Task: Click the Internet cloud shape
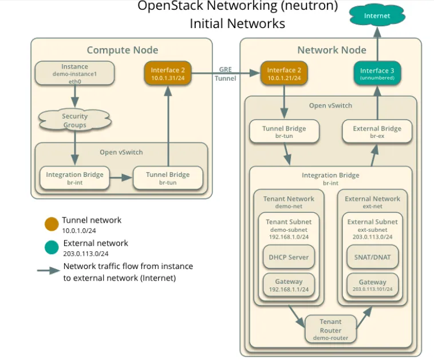377,15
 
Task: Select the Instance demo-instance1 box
74,74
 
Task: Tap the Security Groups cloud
74,121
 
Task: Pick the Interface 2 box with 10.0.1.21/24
284,74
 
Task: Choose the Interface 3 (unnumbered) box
377,74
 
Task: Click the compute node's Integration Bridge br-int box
74,178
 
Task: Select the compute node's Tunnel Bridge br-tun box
168,178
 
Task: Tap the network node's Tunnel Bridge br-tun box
285,132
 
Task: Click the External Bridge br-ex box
377,132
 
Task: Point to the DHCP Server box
289,257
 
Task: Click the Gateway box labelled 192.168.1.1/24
289,286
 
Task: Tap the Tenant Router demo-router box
330,330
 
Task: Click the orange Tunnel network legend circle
51,224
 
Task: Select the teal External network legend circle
51,247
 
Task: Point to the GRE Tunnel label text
225,73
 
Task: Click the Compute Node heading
122,50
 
